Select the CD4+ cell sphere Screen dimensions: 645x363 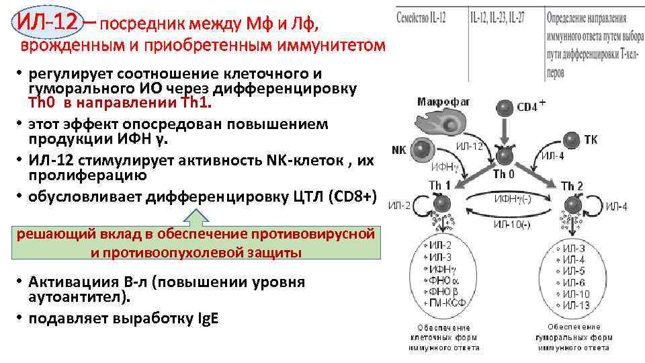pyautogui.click(x=505, y=106)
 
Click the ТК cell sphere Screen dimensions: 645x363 pyautogui.click(x=571, y=140)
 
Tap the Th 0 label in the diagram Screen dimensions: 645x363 pyautogui.click(x=504, y=175)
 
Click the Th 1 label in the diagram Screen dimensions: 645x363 pyautogui.click(x=441, y=185)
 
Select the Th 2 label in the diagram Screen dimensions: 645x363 pyautogui.click(x=571, y=186)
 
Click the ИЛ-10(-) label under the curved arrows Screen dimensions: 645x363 pyautogui.click(x=512, y=224)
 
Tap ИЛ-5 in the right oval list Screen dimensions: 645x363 pyautogui.click(x=574, y=272)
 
